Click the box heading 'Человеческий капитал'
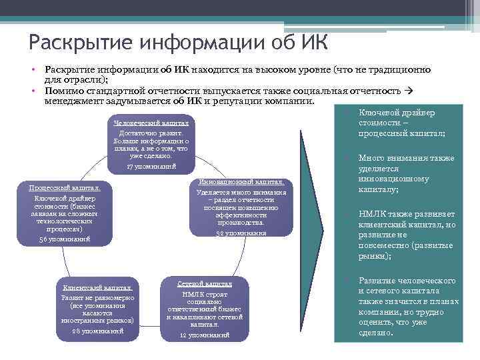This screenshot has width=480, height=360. coord(151,123)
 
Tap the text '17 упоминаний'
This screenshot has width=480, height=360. coord(151,165)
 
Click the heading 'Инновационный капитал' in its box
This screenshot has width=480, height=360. coord(241,182)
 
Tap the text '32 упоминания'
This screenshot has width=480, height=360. coord(241,233)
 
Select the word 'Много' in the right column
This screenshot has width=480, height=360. coord(371,158)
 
